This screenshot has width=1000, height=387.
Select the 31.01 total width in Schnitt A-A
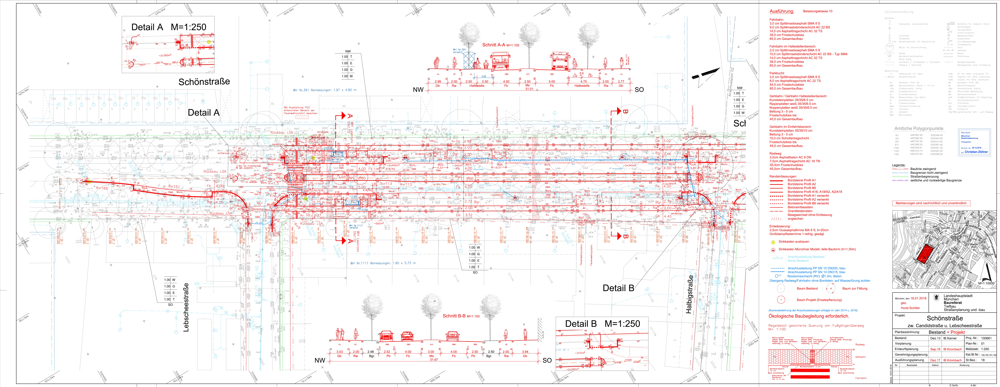529,89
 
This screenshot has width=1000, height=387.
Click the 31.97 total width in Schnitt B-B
434,359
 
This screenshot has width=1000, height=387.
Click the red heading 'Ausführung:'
782,11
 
